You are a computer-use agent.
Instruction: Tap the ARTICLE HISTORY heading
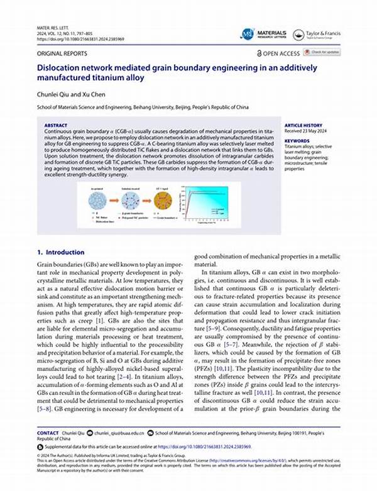point(304,125)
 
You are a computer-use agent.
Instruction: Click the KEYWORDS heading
point(297,141)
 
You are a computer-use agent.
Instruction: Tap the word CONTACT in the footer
point(48,433)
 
